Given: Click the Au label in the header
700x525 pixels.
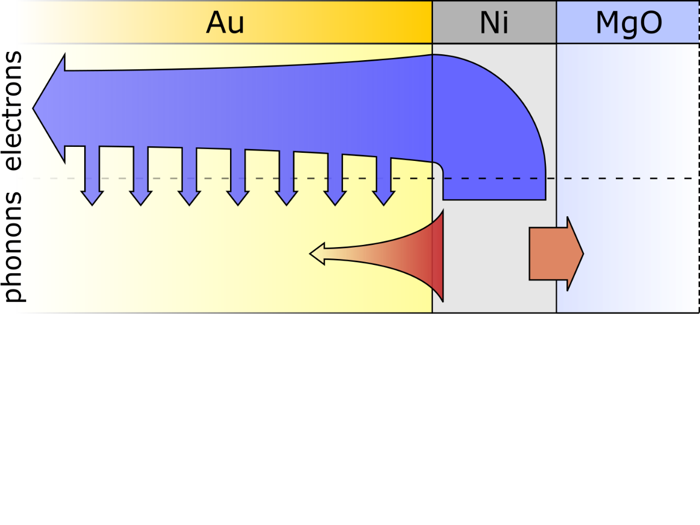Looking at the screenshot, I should (x=225, y=23).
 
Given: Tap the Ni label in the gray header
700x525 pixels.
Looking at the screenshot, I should (x=494, y=23).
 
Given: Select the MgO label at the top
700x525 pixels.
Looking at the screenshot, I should (x=629, y=23).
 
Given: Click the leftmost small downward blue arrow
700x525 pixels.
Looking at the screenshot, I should (x=92, y=179).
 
